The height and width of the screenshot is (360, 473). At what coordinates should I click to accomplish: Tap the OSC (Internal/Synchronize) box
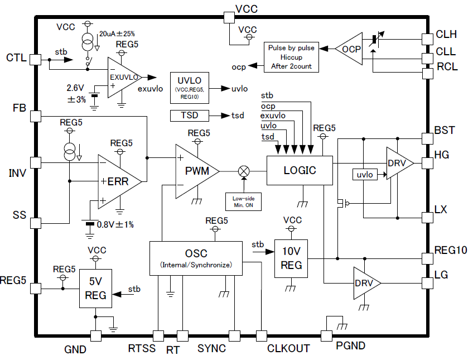coord(195,258)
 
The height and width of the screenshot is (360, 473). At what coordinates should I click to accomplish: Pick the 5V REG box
coord(95,290)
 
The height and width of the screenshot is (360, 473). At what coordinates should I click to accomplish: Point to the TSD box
coord(189,116)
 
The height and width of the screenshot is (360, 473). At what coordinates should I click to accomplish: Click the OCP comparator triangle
coord(350,49)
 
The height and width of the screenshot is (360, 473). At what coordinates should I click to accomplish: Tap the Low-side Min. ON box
coord(243,201)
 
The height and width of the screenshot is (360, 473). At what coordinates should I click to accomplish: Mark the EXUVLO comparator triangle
coord(124,77)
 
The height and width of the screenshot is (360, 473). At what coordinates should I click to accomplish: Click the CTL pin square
coord(35,58)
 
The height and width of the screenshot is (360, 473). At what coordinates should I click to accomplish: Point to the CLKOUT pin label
coord(288,349)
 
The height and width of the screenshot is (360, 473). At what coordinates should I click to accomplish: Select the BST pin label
coord(445,130)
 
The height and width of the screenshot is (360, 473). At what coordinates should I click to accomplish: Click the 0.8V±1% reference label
coord(116,225)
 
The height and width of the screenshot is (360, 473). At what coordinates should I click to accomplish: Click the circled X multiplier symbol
coord(243,171)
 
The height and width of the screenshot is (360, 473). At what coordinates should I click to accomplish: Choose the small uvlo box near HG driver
coord(365,175)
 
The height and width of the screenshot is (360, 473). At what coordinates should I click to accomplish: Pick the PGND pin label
coord(350,346)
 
